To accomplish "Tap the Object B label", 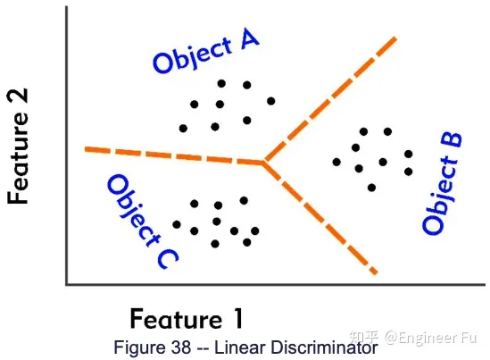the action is pos(442,184).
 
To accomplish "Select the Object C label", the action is pos(142,222).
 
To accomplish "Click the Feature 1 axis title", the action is pos(187,319).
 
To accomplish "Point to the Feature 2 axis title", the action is pos(18,147).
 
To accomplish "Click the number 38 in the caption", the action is pos(180,347).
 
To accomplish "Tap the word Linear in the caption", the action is pos(240,347).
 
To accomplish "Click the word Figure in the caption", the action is pos(141,347).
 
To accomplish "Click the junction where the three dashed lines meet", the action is pos(263,163).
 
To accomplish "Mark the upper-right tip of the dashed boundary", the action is pos(396,38).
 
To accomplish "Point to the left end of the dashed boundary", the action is pos(86,149).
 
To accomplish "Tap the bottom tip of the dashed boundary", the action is pos(377,273).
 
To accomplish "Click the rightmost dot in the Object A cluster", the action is pos(271,101).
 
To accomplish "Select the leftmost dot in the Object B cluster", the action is pos(336,162).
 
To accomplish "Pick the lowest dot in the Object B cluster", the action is pos(371,188).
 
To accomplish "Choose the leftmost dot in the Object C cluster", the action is pos(177,224).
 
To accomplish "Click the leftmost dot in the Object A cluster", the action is pos(183,128).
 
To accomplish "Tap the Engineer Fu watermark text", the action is pos(431,338).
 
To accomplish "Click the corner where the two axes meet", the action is pos(67,284).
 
